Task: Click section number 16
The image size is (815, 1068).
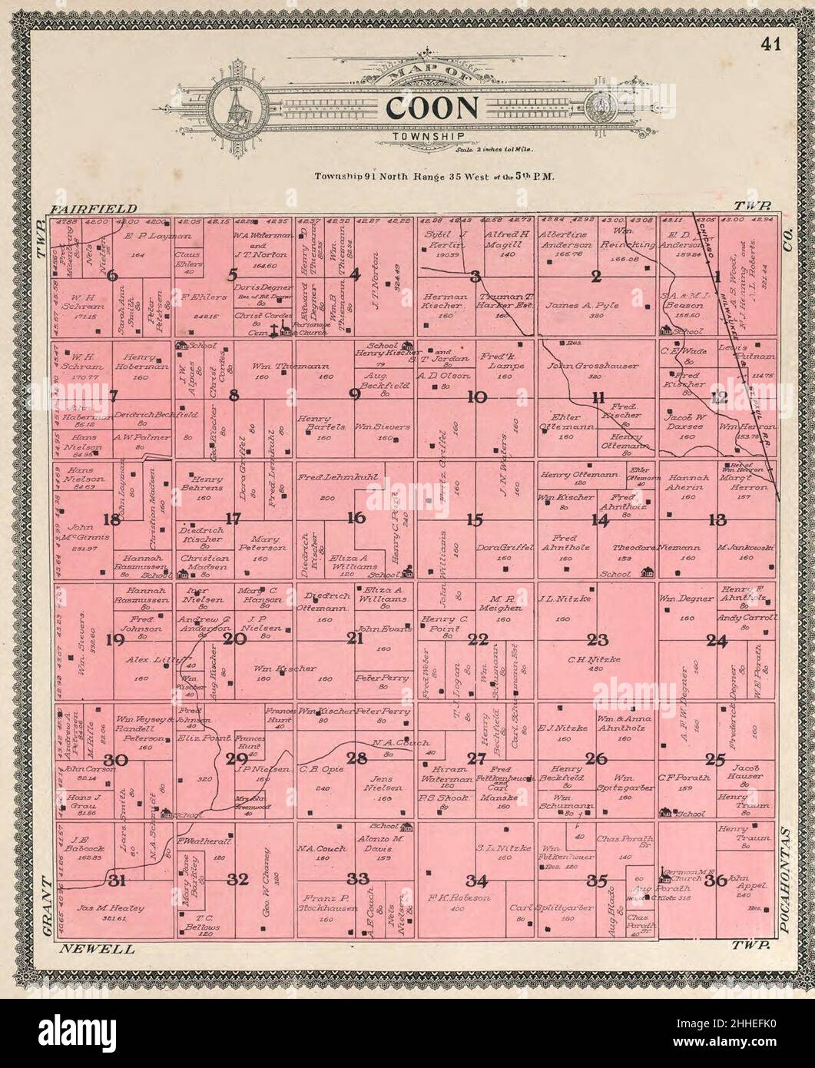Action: click(355, 518)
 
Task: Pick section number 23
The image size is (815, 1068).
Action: click(597, 638)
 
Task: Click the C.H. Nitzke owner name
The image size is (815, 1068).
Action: click(598, 659)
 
